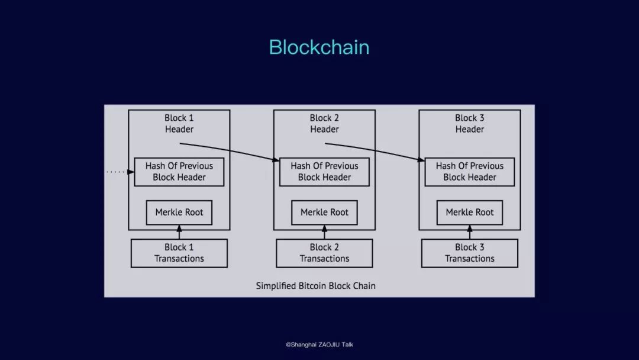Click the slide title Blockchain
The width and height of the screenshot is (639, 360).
(319, 47)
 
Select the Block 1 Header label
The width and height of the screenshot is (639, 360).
(179, 124)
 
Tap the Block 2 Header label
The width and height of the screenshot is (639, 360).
(324, 124)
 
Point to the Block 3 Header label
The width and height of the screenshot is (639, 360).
(469, 124)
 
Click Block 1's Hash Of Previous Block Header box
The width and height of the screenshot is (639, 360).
(179, 172)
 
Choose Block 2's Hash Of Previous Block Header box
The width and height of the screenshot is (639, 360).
(324, 172)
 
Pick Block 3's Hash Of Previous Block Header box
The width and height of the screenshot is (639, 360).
(469, 172)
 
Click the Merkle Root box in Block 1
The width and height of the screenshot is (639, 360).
(179, 213)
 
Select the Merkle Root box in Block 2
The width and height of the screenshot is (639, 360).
(324, 213)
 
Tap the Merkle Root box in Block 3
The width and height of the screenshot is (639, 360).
(469, 213)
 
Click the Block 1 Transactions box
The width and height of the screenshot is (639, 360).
(179, 253)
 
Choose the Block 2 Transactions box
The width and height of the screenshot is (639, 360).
(324, 253)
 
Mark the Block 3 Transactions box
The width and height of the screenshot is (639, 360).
(469, 253)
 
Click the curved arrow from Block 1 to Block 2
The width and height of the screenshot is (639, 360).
(230, 150)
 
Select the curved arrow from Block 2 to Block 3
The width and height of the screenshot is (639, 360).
(375, 150)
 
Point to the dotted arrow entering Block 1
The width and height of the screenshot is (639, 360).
(121, 172)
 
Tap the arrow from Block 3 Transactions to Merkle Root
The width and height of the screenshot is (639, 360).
(469, 232)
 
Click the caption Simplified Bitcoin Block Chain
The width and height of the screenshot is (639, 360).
(316, 286)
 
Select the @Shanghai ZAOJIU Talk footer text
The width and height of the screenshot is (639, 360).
(319, 345)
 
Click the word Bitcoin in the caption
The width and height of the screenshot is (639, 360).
(312, 286)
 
